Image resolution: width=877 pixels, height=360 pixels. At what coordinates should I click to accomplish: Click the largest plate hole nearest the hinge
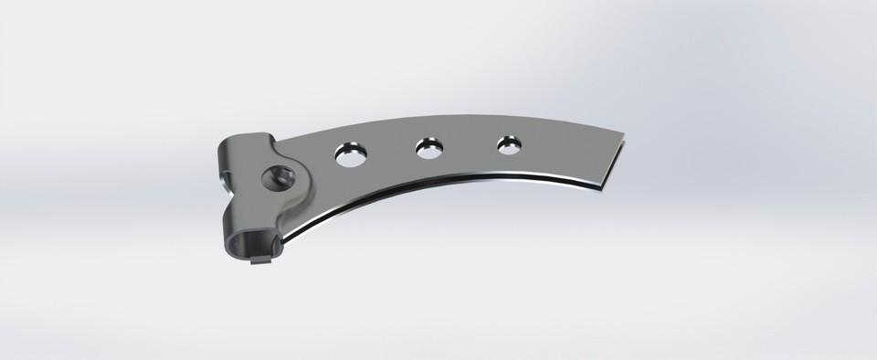pos(351,154)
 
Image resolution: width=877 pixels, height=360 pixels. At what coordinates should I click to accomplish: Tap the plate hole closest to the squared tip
pos(507,143)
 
